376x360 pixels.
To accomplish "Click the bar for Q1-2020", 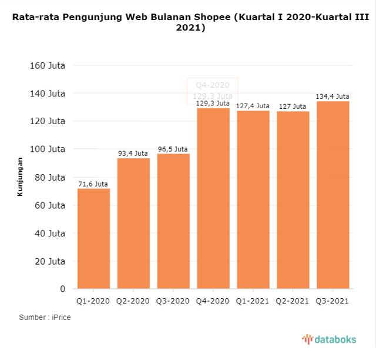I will (x=93, y=238).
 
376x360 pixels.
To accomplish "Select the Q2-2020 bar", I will (x=133, y=224).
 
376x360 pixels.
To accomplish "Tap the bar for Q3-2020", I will (x=173, y=221).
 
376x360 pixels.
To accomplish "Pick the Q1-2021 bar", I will (x=253, y=199).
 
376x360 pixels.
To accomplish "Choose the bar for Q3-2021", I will (x=333, y=195).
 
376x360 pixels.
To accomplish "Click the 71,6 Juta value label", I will (x=93, y=184).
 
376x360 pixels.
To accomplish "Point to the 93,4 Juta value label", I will (x=133, y=154).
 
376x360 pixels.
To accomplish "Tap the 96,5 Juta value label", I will (x=173, y=149).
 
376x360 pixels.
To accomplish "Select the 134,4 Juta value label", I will (x=333, y=96).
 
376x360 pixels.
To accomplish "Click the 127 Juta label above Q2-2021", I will (x=293, y=106).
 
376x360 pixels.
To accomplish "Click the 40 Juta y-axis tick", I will (x=49, y=233).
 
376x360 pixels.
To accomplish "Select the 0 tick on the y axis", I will (x=62, y=289).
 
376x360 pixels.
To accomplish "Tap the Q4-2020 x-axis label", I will (x=213, y=301).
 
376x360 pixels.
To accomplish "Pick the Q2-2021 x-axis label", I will (x=293, y=301).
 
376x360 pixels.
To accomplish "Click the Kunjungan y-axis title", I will (x=20, y=176).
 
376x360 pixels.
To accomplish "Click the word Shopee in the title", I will (x=210, y=16).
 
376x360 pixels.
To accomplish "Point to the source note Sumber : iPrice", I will (x=45, y=318).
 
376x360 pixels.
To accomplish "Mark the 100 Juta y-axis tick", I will (x=47, y=149).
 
